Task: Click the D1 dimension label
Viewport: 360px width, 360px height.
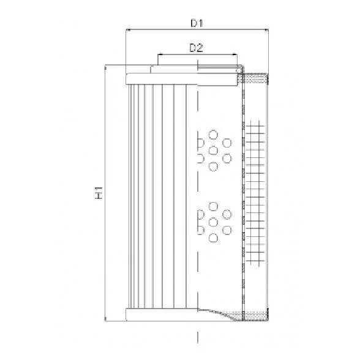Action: tap(197, 23)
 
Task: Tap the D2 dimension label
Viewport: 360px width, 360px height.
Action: tap(197, 48)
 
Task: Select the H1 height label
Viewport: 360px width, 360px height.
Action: tap(99, 193)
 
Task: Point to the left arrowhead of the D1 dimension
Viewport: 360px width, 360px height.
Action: tap(128, 29)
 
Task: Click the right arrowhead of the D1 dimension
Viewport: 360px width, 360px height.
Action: tap(266, 29)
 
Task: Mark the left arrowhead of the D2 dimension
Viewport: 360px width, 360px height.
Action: tap(160, 54)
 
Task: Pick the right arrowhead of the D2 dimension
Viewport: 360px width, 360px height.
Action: tap(235, 54)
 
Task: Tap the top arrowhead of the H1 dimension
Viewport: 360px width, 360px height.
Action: tap(105, 67)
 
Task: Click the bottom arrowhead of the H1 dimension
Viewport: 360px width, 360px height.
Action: tap(105, 318)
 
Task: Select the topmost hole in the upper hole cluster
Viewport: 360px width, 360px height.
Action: tap(213, 135)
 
